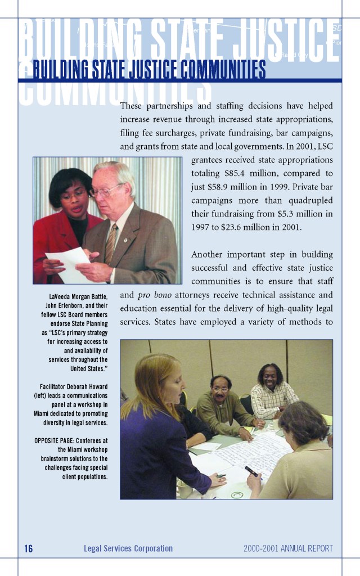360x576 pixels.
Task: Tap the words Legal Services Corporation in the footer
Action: tap(128, 548)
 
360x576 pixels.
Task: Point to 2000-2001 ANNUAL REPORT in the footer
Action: tap(288, 548)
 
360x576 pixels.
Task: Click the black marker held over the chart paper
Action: tap(251, 471)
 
